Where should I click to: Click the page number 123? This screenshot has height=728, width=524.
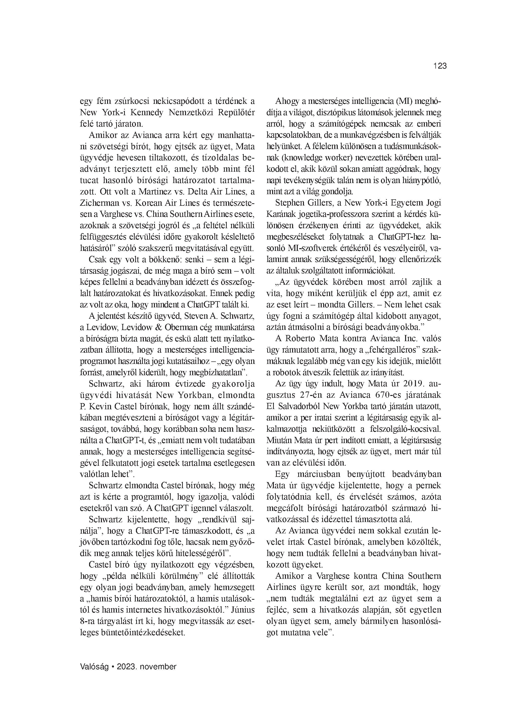click(440, 66)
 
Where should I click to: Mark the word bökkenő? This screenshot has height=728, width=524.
click(158, 259)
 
